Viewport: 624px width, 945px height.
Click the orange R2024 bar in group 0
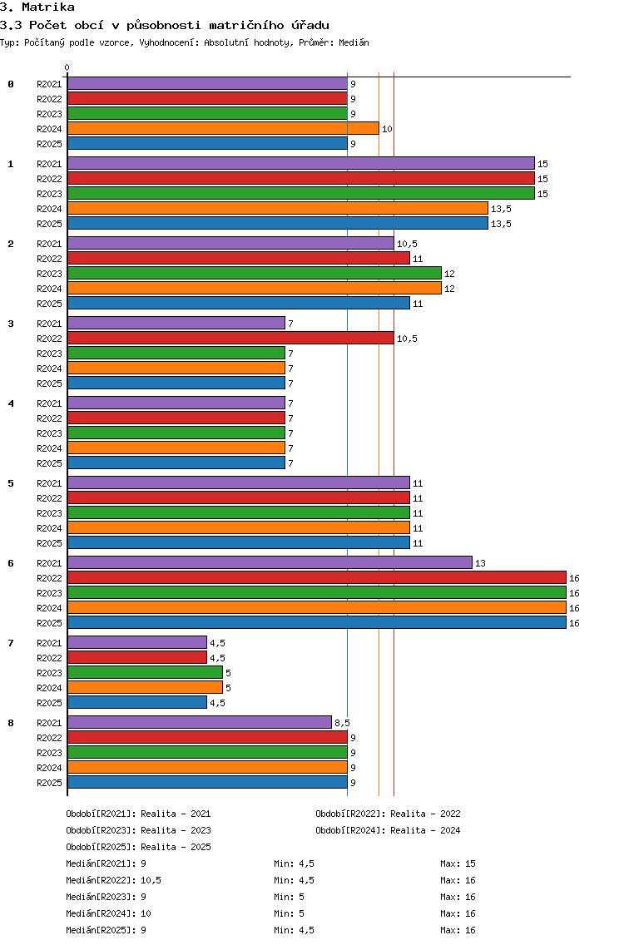click(x=223, y=128)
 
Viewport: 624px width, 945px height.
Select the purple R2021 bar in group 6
click(x=270, y=563)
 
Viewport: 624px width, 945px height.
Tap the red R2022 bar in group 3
click(x=230, y=338)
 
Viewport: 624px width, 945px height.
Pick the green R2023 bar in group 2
click(x=255, y=274)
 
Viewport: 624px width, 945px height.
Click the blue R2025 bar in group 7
click(x=136, y=703)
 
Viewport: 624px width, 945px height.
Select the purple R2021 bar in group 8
click(x=200, y=723)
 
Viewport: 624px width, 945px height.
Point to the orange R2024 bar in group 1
click(x=277, y=209)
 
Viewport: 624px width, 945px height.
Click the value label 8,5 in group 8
click(x=343, y=723)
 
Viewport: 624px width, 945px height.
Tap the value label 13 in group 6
click(x=481, y=563)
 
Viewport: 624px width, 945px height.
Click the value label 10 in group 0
click(x=387, y=129)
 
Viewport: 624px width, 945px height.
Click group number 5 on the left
click(x=11, y=483)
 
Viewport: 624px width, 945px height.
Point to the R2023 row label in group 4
click(x=49, y=433)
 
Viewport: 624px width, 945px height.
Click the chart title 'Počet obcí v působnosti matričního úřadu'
click(x=179, y=25)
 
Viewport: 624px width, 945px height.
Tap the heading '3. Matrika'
click(x=37, y=7)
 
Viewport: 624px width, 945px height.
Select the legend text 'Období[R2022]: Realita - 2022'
click(x=388, y=814)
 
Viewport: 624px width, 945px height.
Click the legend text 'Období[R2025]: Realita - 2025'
click(x=139, y=847)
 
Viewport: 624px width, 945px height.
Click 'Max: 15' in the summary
click(x=458, y=863)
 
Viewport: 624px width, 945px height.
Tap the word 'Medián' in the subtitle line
click(x=354, y=42)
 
